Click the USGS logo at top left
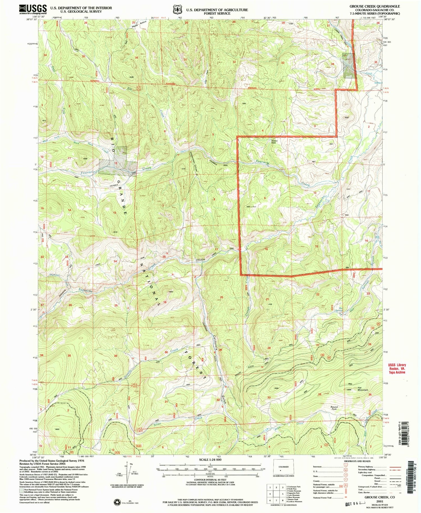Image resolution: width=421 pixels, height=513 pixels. click(x=33, y=10)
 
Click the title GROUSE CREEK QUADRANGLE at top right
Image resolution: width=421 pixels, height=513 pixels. click(x=374, y=6)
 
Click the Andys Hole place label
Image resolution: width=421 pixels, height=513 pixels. click(x=274, y=141)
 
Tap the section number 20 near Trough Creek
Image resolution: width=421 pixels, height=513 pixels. click(x=221, y=297)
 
